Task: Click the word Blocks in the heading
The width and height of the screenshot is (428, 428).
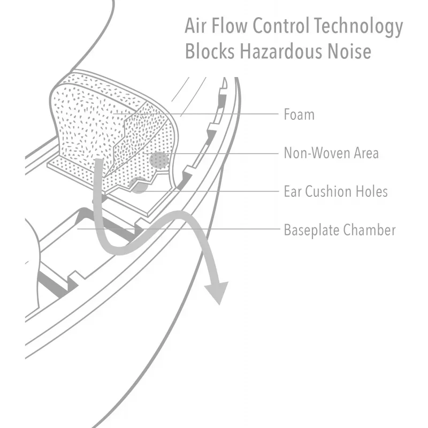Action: click(210, 51)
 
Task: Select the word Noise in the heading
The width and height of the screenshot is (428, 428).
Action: click(349, 51)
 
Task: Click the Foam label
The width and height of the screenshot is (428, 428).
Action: click(299, 114)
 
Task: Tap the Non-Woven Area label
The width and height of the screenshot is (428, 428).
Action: click(331, 153)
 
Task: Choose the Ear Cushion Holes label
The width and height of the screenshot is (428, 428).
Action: click(336, 192)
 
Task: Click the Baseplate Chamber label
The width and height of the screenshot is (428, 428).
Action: click(340, 230)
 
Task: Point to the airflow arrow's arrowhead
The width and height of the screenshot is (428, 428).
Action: click(217, 293)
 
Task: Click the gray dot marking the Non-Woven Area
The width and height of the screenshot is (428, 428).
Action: click(159, 160)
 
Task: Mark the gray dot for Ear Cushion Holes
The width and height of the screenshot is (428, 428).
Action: click(138, 185)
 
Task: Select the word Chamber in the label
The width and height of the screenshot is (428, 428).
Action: click(369, 230)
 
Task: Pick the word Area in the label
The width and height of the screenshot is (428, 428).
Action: click(366, 153)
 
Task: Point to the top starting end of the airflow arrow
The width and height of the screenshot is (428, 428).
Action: click(99, 159)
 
